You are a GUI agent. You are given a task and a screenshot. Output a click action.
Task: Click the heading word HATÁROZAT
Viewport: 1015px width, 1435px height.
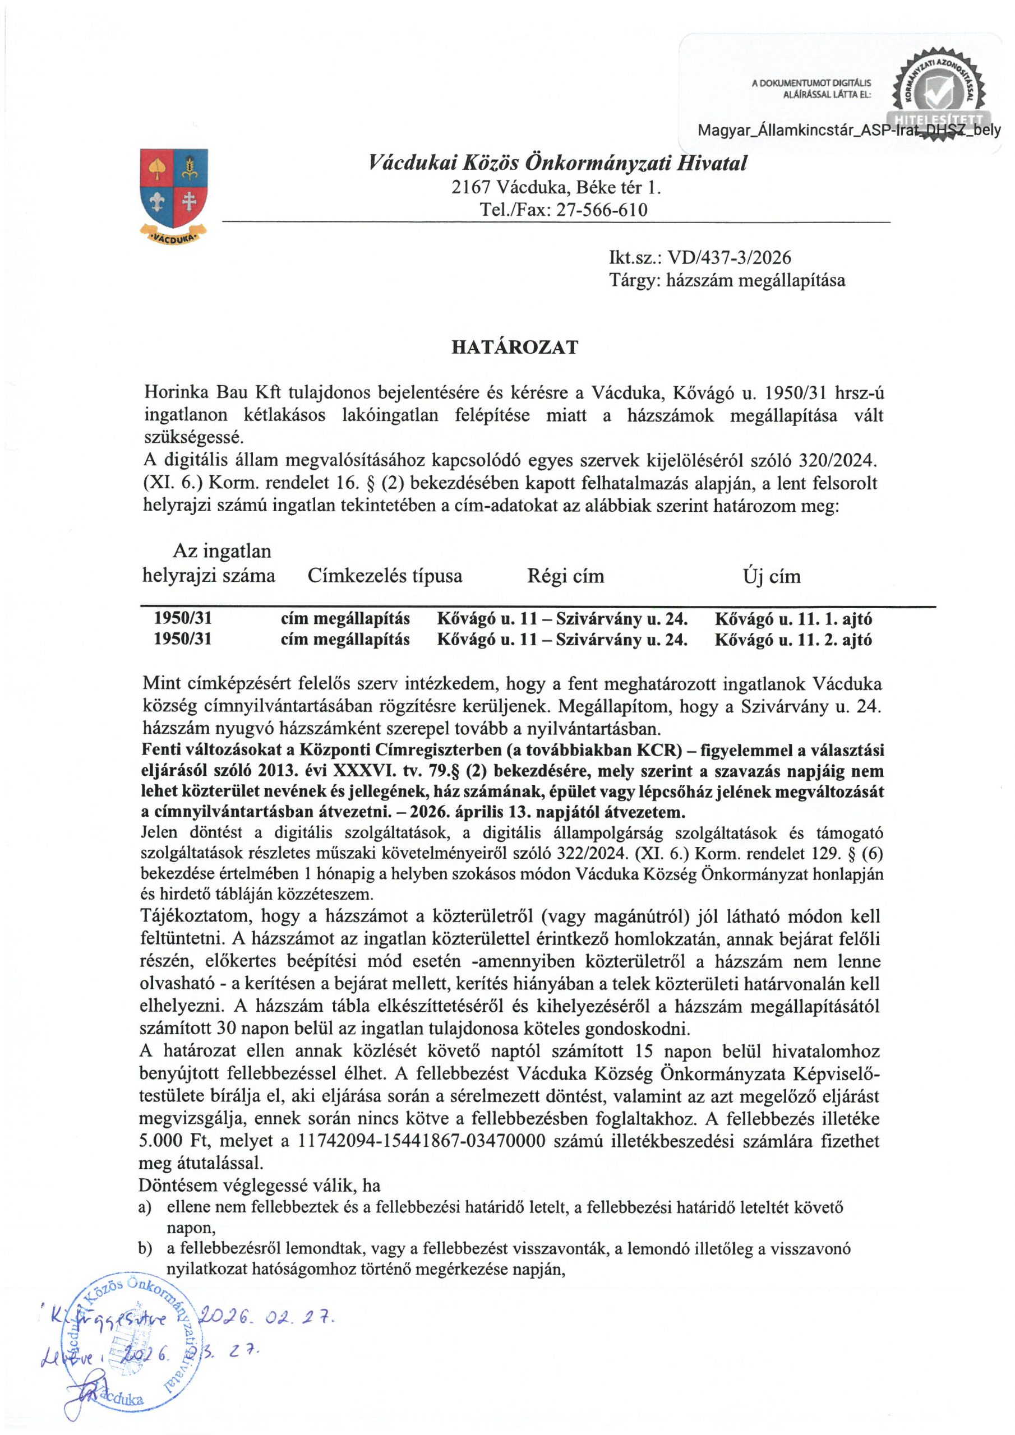coord(515,348)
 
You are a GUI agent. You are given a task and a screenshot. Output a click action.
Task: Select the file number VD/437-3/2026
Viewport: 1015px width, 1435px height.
coord(729,257)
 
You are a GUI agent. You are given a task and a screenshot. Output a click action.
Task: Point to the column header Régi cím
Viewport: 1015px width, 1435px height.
coord(565,575)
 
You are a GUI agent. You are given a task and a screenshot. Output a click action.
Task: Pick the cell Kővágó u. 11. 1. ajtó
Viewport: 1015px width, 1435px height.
coord(793,619)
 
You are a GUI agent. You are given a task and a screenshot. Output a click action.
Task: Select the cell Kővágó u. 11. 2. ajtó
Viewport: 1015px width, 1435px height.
coord(793,640)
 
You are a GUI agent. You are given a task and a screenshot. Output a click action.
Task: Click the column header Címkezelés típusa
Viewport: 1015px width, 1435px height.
coord(385,575)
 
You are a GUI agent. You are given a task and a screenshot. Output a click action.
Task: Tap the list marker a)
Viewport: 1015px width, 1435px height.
coord(145,1207)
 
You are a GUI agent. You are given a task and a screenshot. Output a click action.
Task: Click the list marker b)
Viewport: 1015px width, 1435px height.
coord(145,1249)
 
